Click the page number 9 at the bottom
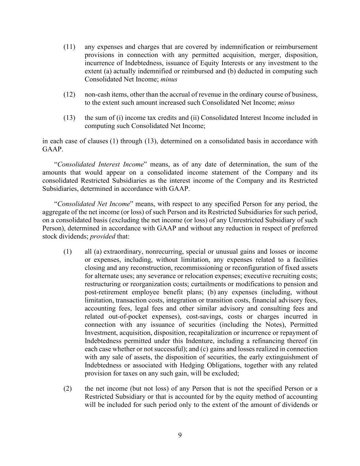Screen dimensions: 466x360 coord(180,435)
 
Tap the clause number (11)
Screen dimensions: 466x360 coord(69,47)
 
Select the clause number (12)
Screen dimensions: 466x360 coord(69,95)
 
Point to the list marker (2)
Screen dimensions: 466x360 coord(68,389)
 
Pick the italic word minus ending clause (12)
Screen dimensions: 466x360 coord(286,103)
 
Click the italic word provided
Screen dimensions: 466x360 coord(102,237)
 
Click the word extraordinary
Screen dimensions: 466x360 coord(123,252)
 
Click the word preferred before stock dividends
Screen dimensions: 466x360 coord(304,228)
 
